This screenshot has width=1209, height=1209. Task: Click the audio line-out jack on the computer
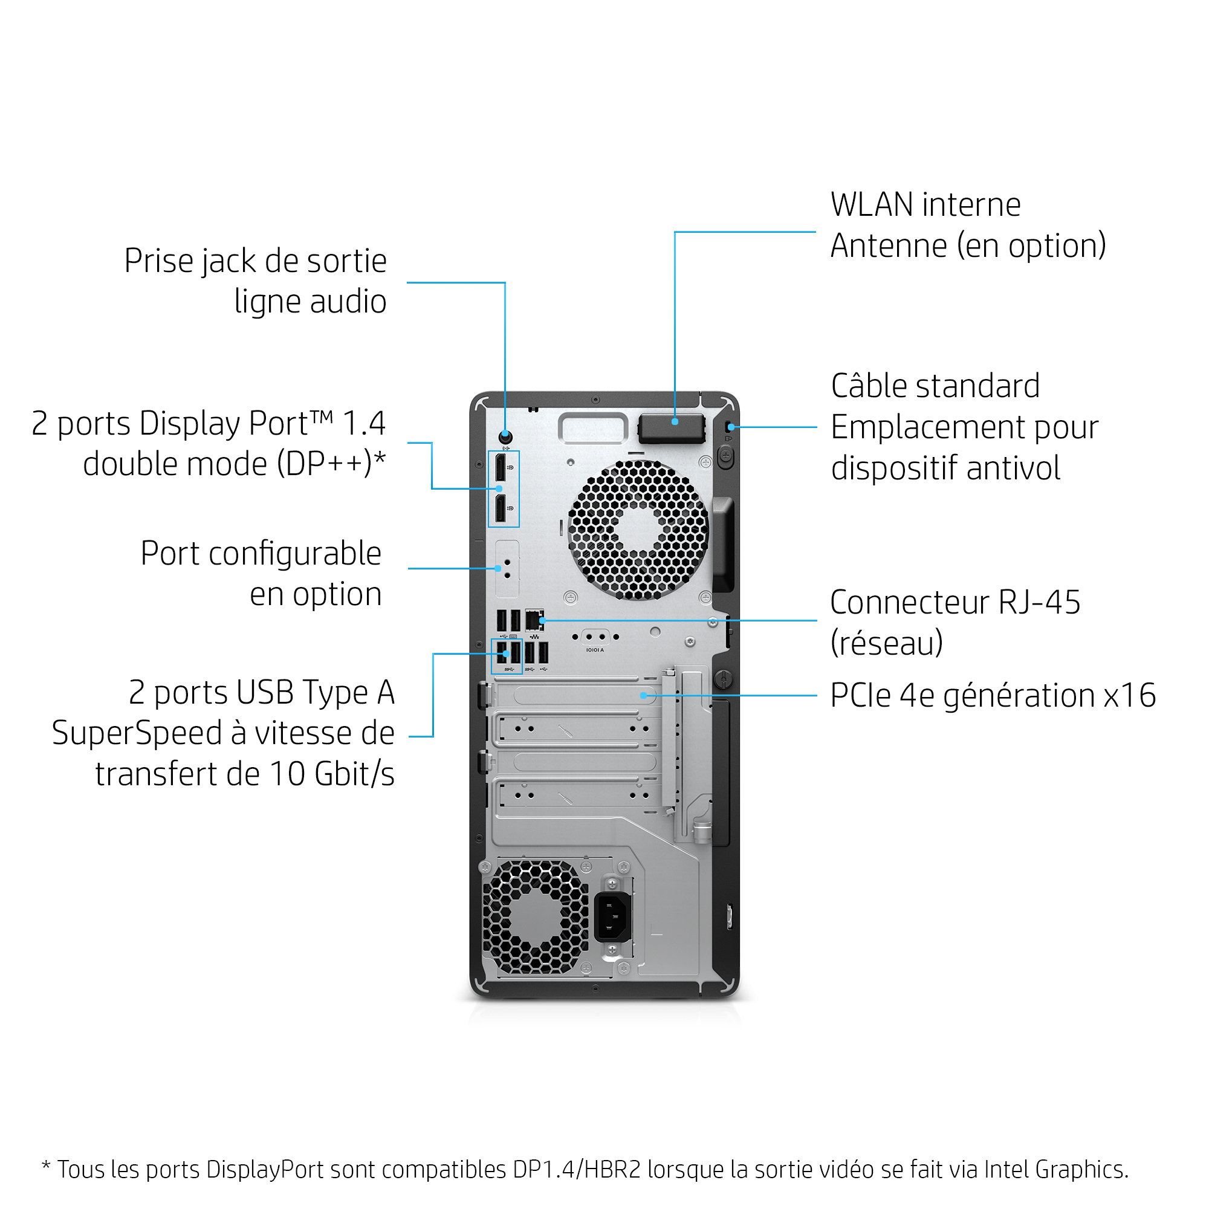[x=505, y=436]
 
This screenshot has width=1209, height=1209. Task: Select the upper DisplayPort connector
[x=501, y=468]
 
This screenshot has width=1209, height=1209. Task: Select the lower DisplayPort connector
[x=501, y=508]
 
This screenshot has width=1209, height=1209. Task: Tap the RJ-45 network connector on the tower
[x=534, y=620]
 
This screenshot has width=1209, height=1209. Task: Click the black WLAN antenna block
[x=672, y=429]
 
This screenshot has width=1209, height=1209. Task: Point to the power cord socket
[x=611, y=918]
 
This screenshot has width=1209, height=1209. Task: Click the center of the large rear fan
[x=638, y=530]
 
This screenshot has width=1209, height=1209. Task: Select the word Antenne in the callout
[x=888, y=246]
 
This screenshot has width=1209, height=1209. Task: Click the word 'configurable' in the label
[x=295, y=554]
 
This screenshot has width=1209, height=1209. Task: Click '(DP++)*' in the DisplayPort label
[x=331, y=464]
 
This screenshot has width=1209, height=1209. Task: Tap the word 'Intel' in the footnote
[x=1007, y=1169]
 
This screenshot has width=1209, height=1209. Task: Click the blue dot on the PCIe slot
[x=643, y=695]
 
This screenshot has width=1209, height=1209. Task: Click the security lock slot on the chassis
[x=730, y=427]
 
